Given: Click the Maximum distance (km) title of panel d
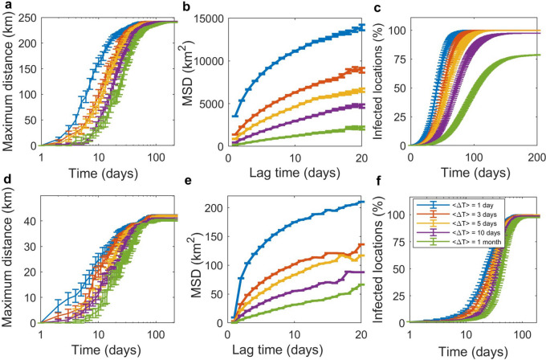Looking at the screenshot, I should [x=10, y=260].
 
